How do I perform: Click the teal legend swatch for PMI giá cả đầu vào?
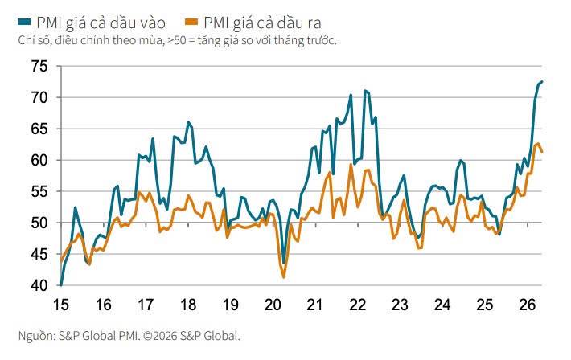point(24,22)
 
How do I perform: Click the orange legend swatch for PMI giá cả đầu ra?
point(191,22)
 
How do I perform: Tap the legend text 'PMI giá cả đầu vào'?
point(101,23)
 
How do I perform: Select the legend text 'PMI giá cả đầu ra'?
point(262,23)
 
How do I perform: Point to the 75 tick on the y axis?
point(39,66)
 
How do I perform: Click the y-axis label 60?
point(39,160)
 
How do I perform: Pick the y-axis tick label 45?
point(39,254)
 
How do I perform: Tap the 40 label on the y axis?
point(39,285)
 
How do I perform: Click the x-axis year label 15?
point(61,305)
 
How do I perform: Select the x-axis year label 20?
point(273,305)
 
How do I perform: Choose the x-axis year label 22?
point(358,305)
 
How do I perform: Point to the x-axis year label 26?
point(528,305)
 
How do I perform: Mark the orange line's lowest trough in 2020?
point(284,278)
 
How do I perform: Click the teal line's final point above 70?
point(542,81)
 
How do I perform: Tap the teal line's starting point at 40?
point(61,284)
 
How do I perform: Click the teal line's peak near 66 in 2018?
point(188,122)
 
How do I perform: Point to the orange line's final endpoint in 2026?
point(542,152)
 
